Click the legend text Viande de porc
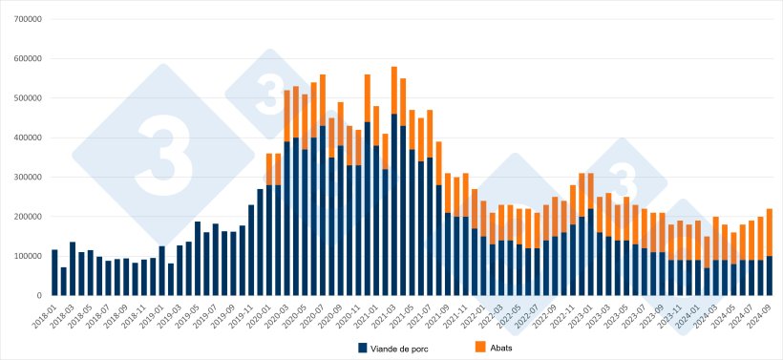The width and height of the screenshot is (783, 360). click(406, 347)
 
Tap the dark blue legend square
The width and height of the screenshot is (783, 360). click(363, 347)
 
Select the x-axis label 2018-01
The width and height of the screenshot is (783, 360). click(46, 314)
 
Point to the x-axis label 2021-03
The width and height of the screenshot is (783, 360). click(385, 314)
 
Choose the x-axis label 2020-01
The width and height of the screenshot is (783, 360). click(261, 314)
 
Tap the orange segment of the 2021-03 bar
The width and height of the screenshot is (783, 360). click(394, 91)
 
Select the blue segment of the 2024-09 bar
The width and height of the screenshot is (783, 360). click(770, 276)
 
